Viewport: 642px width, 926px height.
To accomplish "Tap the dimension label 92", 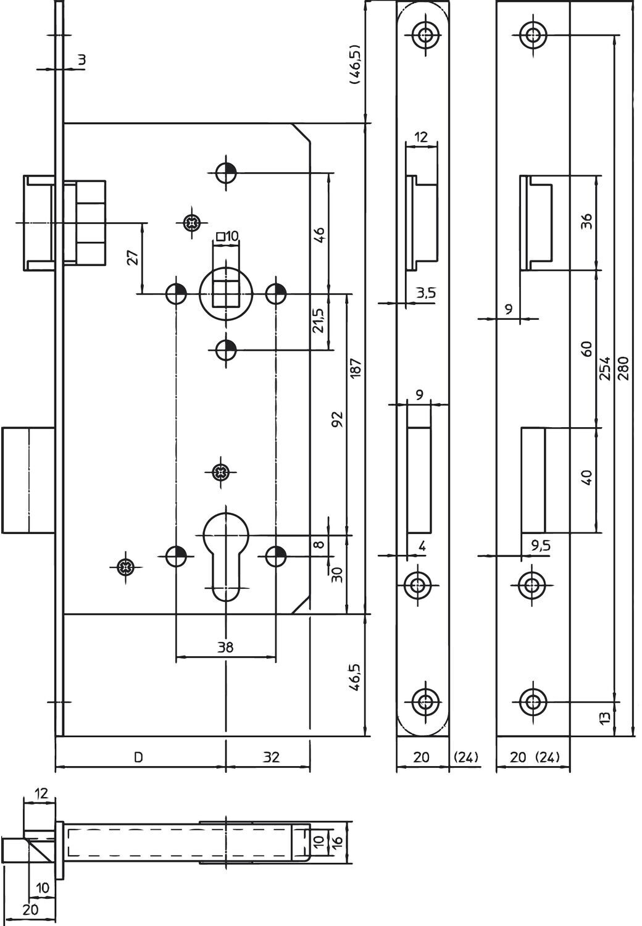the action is click(x=338, y=420).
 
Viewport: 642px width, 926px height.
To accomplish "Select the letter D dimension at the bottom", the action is click(x=139, y=757).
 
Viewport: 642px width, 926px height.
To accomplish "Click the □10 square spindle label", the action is click(x=228, y=236).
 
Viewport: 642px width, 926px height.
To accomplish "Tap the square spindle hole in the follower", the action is click(x=226, y=293).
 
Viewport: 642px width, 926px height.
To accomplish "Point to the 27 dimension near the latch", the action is click(x=132, y=257).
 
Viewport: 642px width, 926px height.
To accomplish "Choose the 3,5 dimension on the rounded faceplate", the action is click(x=426, y=293).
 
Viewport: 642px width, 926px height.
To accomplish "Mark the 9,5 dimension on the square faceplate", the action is click(x=541, y=546).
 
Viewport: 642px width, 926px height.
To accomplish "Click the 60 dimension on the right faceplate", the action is click(x=586, y=349).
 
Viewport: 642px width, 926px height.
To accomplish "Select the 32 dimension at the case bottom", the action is click(x=271, y=757).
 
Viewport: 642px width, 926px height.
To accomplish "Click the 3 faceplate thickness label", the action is click(x=82, y=60).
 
